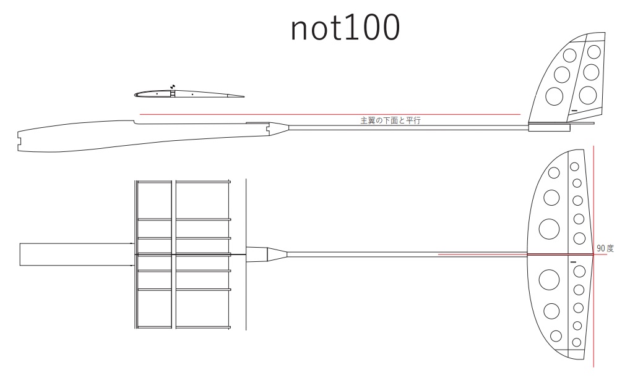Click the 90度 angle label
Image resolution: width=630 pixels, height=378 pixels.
click(605, 248)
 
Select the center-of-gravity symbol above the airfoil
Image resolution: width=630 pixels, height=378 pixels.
click(173, 86)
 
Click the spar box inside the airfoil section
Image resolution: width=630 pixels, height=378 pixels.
click(173, 94)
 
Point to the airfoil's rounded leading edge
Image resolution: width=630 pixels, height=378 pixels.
click(136, 94)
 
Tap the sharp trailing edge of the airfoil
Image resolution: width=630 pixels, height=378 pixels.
click(243, 97)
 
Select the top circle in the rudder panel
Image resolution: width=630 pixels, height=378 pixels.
click(593, 51)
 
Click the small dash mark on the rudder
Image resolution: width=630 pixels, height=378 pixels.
click(574, 111)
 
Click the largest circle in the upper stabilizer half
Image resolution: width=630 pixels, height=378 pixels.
click(548, 228)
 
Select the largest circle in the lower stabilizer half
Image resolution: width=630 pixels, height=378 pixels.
click(548, 280)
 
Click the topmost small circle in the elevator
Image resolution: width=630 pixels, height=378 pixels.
click(574, 167)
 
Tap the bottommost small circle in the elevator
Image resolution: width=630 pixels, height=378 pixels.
click(577, 341)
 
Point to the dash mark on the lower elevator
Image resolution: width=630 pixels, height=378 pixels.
click(573, 262)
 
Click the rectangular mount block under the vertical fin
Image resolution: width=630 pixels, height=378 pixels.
click(550, 128)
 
